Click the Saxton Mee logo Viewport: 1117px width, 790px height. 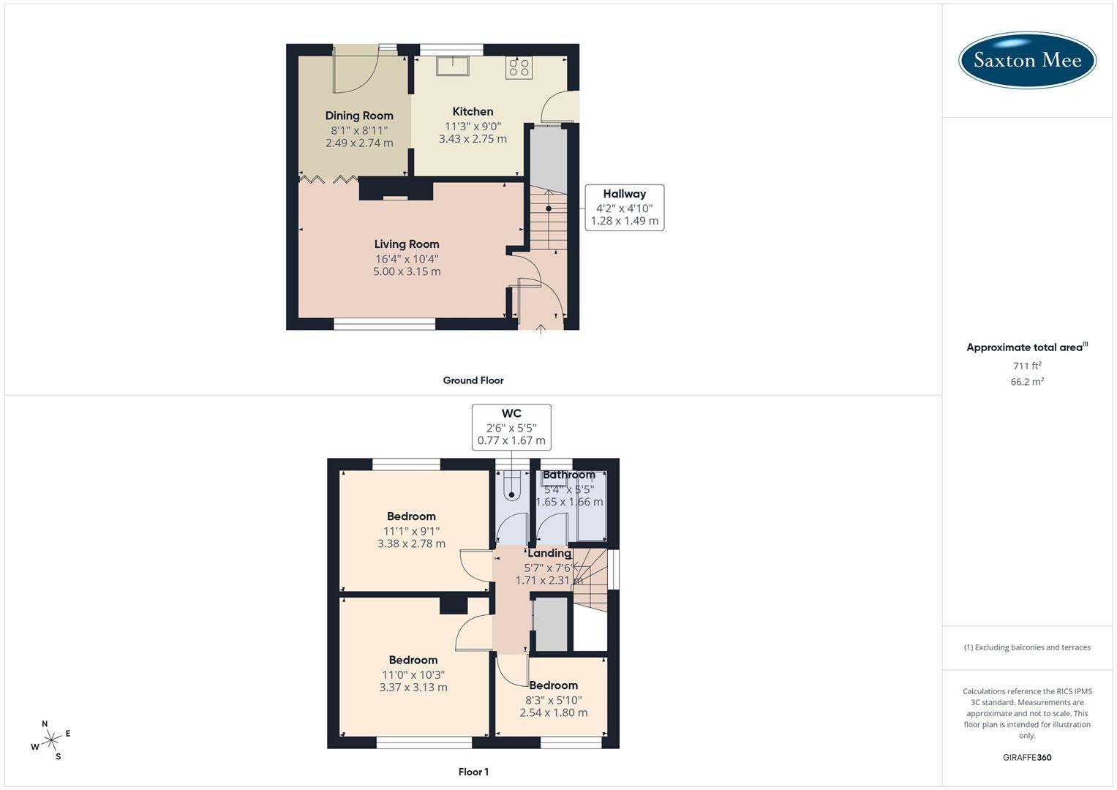(1027, 60)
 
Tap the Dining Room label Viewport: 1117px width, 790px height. (359, 116)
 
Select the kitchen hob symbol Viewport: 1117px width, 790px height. (519, 67)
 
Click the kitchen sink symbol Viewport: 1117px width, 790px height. (454, 66)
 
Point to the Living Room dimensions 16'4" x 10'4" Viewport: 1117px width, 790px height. (407, 258)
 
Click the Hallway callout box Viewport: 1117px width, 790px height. (624, 207)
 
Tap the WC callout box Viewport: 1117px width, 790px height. (511, 427)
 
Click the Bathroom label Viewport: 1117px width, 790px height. (568, 475)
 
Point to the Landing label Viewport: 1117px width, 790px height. (549, 553)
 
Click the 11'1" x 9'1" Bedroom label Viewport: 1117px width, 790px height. (411, 516)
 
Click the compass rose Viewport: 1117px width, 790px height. (51, 740)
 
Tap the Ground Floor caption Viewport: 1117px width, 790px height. (473, 380)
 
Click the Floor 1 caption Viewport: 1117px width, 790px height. (473, 772)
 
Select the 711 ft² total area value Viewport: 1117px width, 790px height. (1027, 366)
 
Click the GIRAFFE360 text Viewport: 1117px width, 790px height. (1027, 757)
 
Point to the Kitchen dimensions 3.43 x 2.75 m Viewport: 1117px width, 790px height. (473, 139)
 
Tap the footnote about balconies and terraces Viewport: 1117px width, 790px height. (1027, 647)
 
